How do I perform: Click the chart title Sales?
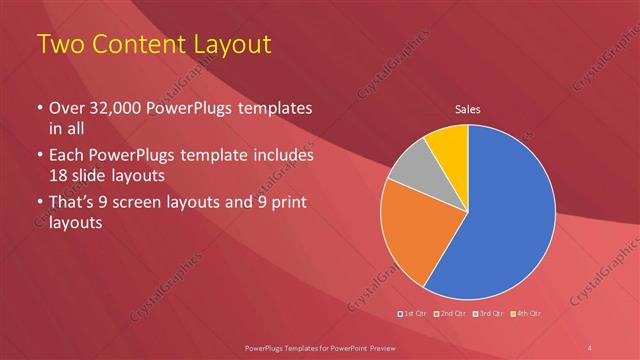(x=468, y=107)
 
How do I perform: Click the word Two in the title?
(x=59, y=44)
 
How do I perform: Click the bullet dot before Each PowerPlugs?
(x=39, y=156)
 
